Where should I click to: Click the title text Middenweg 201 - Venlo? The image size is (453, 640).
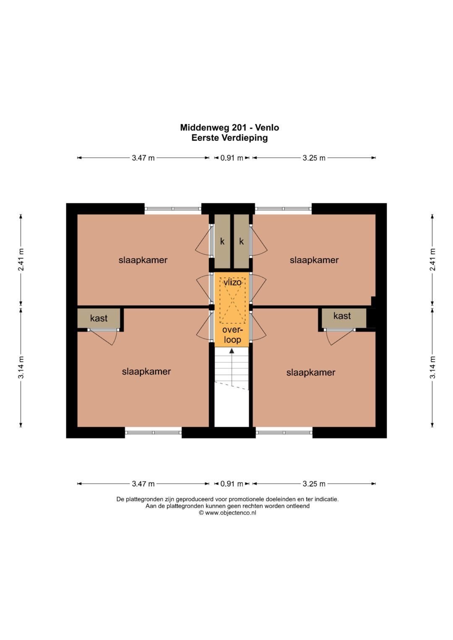229,127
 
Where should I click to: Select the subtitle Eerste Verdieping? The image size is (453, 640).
229,138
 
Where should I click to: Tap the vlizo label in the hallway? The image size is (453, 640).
232,282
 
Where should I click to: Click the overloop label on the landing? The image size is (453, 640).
232,334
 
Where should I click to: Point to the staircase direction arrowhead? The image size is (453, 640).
232,350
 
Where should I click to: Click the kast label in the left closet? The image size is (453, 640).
99,318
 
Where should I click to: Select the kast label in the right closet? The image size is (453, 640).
342,316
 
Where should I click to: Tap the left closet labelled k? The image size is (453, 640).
222,241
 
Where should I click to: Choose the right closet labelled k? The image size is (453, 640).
241,241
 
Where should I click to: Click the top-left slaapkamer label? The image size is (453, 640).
143,260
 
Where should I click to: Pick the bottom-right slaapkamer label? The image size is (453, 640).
311,373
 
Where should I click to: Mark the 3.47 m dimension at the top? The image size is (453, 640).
143,158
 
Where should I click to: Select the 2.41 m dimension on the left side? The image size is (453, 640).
21,260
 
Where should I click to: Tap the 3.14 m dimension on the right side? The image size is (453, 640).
432,367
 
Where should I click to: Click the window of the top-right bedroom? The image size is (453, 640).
284,209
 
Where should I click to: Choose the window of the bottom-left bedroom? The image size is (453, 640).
153,432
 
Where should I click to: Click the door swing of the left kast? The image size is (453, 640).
103,337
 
